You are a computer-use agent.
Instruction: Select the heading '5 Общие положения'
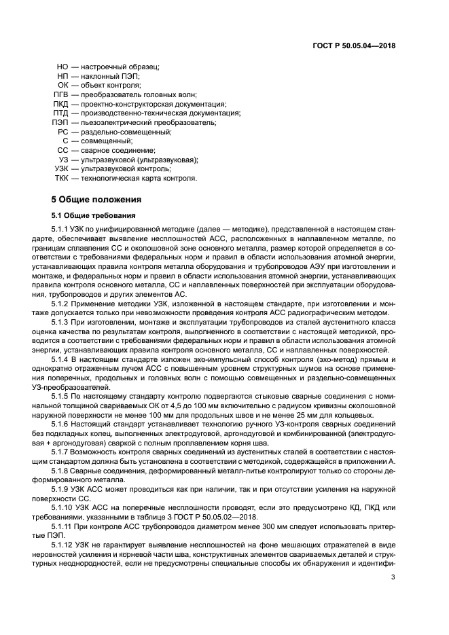pos(96,200)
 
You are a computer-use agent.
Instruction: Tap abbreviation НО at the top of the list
pos(62,67)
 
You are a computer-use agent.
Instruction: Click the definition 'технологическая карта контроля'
pos(139,178)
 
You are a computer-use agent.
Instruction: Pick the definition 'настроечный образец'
pos(120,67)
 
